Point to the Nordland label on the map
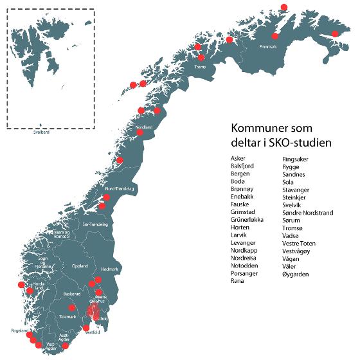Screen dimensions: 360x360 pyautogui.click(x=145, y=127)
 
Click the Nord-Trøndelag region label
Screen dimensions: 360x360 pyautogui.click(x=119, y=189)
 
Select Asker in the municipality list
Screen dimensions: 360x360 pyautogui.click(x=237, y=157)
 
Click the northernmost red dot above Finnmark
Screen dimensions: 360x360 pyautogui.click(x=285, y=7)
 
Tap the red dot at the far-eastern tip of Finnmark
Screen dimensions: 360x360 pyautogui.click(x=335, y=34)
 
